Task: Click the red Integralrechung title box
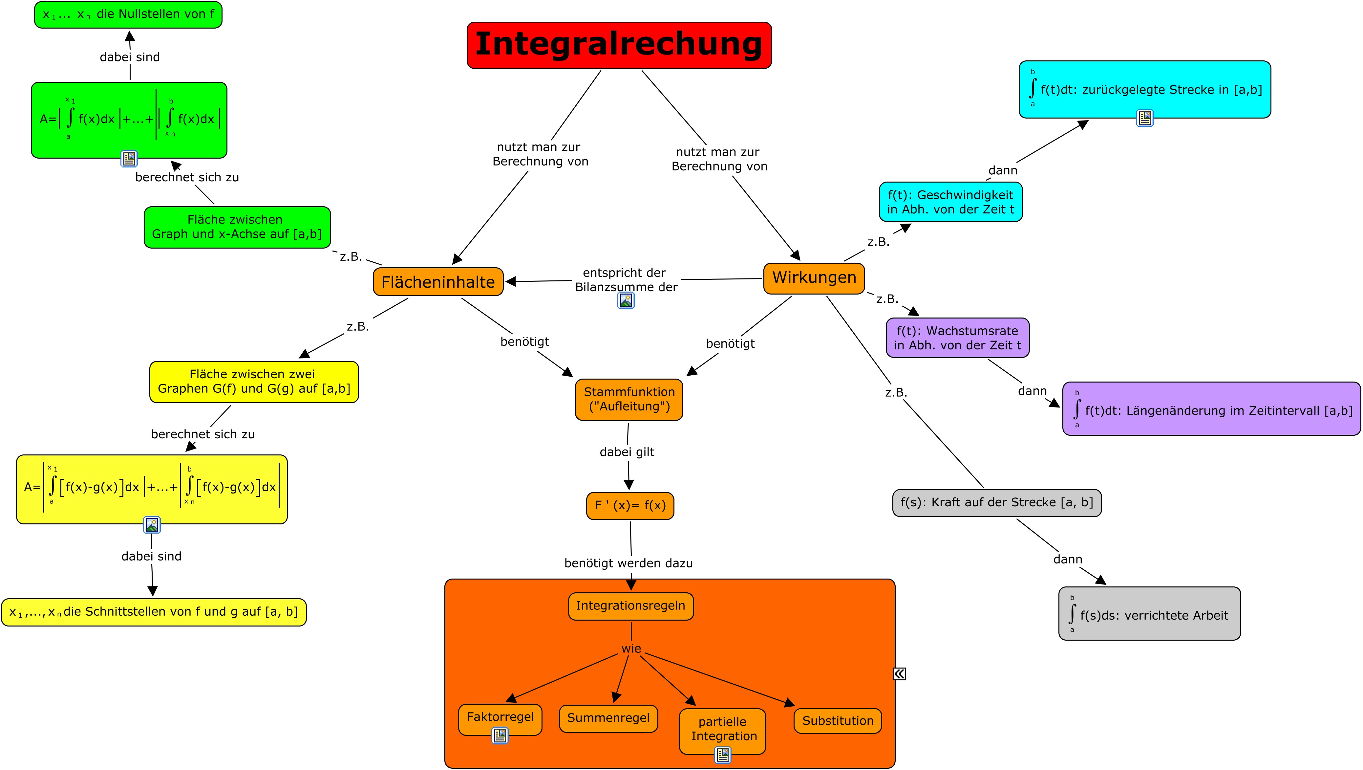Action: [x=619, y=45]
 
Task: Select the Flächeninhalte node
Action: [x=438, y=281]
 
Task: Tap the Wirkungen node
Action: [x=814, y=278]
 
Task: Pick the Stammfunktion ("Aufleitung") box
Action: [x=629, y=400]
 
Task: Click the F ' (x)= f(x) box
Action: [x=630, y=505]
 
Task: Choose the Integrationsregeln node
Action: [x=631, y=606]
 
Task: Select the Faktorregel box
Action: [x=500, y=717]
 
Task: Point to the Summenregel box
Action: [x=608, y=718]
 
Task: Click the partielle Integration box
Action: [x=723, y=729]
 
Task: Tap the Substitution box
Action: [x=838, y=721]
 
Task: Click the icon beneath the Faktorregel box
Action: [x=500, y=735]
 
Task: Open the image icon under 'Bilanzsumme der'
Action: [x=626, y=300]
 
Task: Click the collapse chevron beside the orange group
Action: [x=900, y=674]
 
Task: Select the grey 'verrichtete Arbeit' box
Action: [x=1149, y=614]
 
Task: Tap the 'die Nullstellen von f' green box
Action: [x=128, y=14]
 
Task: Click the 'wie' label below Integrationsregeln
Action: [x=631, y=648]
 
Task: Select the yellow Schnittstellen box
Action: [x=154, y=612]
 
